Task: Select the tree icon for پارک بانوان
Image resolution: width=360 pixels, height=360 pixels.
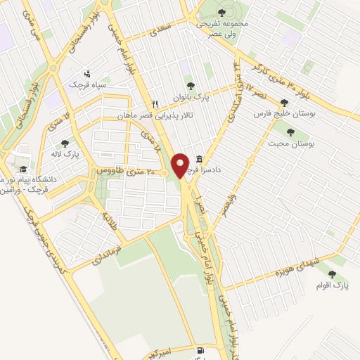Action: (x=190, y=86)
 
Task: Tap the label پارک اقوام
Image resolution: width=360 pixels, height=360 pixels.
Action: (x=340, y=285)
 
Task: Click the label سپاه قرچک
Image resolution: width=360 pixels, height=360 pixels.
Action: (x=85, y=84)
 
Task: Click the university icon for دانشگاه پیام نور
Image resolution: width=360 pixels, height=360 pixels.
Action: (x=23, y=169)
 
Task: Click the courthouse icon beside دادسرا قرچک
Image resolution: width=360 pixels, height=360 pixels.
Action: (x=200, y=159)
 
